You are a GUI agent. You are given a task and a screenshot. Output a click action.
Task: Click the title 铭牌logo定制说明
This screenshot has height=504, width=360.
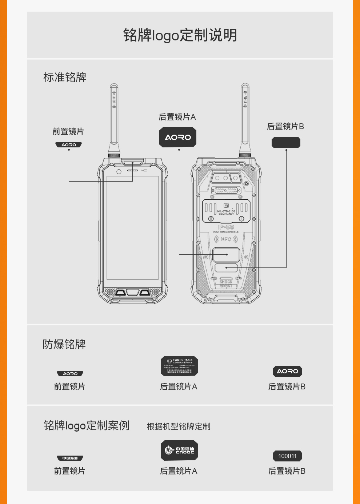coord(180,35)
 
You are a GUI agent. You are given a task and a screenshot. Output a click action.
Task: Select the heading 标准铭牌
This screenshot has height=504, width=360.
coord(65,77)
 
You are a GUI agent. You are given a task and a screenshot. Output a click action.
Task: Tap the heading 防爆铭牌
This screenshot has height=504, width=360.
coord(64,344)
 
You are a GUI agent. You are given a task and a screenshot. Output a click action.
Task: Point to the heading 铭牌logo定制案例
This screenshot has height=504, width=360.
coord(86,425)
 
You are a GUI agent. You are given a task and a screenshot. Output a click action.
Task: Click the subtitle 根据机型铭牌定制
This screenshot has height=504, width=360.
coord(178,426)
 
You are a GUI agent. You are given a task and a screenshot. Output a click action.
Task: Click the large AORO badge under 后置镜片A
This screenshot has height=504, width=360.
coord(178,137)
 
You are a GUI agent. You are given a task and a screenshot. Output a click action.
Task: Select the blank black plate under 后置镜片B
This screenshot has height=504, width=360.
coord(286,143)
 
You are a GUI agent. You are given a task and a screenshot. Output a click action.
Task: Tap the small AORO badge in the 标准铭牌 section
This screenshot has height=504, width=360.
coord(68,145)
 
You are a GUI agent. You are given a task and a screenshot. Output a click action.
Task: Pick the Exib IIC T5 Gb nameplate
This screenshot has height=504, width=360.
coord(179,366)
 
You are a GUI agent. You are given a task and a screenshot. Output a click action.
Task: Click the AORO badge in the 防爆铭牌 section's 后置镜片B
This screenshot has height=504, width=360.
coord(287,372)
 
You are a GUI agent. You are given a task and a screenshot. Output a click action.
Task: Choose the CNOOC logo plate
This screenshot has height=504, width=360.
coord(179,451)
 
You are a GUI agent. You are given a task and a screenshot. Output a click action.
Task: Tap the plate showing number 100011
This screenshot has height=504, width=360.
coord(287,456)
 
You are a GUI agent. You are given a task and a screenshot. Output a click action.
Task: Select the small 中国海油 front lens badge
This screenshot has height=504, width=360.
coord(70,458)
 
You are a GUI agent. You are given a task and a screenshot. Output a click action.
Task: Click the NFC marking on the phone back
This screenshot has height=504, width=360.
coord(226,239)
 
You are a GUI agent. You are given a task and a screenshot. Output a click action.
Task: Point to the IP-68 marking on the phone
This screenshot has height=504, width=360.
coord(226,227)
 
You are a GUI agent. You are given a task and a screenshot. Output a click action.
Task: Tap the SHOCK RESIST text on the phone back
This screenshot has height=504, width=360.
coord(226,284)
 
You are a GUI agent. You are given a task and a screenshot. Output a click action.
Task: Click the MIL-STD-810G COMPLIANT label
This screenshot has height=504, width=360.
coord(226,213)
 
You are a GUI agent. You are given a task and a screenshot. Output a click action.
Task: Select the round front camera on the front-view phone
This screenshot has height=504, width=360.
coord(119,171)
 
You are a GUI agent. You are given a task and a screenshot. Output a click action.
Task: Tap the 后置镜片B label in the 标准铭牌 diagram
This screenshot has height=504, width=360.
coord(285,126)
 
